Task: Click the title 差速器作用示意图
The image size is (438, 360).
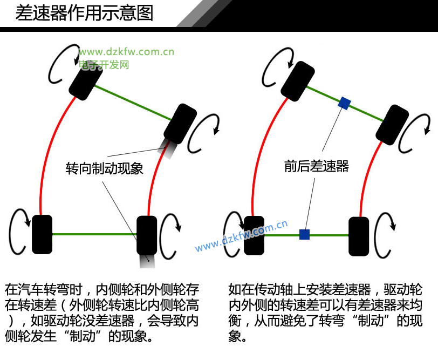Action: (x=84, y=13)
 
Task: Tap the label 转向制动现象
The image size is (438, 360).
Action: (x=105, y=168)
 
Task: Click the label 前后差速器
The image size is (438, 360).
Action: (x=317, y=166)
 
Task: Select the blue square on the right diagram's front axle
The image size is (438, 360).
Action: (x=344, y=103)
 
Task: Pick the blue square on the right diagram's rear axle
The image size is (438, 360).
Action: (x=304, y=234)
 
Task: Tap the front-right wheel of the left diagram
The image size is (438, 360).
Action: (x=181, y=124)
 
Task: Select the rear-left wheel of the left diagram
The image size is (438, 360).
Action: (x=42, y=234)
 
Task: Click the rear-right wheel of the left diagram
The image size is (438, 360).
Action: (x=147, y=235)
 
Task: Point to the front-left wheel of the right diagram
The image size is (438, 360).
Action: (x=299, y=80)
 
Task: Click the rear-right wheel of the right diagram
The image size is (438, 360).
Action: (x=359, y=236)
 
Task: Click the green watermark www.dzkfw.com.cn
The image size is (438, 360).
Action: (x=126, y=52)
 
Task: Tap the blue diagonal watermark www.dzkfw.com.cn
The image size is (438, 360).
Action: (x=241, y=237)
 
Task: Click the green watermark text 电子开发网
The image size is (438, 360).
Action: (x=104, y=64)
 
